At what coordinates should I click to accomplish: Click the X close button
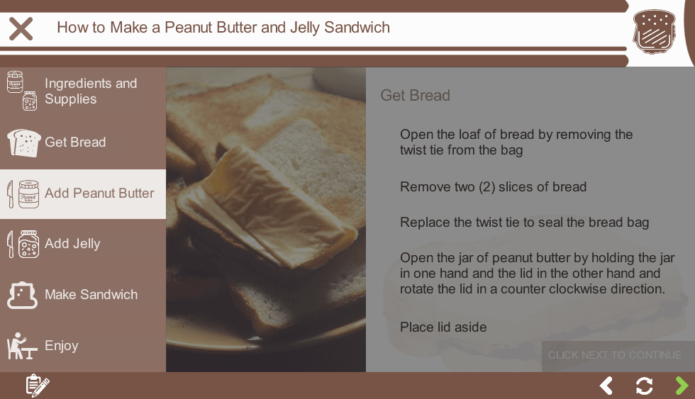tap(21, 29)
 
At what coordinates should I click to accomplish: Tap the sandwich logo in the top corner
tap(654, 32)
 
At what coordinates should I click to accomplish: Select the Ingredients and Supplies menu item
tap(83, 91)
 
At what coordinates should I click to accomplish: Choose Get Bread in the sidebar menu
tap(83, 142)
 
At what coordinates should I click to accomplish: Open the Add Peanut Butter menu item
tap(83, 194)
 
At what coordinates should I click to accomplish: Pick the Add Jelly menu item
tap(83, 244)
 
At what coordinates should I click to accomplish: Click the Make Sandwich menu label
tap(91, 295)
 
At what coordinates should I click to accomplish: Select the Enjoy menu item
tap(83, 346)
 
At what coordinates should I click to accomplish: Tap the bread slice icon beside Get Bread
tap(24, 143)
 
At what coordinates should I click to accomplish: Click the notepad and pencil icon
tap(38, 386)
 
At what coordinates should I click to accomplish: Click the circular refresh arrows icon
tap(644, 386)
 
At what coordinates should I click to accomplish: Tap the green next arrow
tap(682, 386)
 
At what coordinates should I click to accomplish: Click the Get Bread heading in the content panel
tap(416, 95)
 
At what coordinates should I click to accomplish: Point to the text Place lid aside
tap(443, 327)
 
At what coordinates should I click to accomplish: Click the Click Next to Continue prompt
tap(615, 355)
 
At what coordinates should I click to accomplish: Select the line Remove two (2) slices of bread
tap(494, 187)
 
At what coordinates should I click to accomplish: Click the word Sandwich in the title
tap(357, 28)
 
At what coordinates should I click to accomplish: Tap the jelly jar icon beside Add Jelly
tap(28, 244)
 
